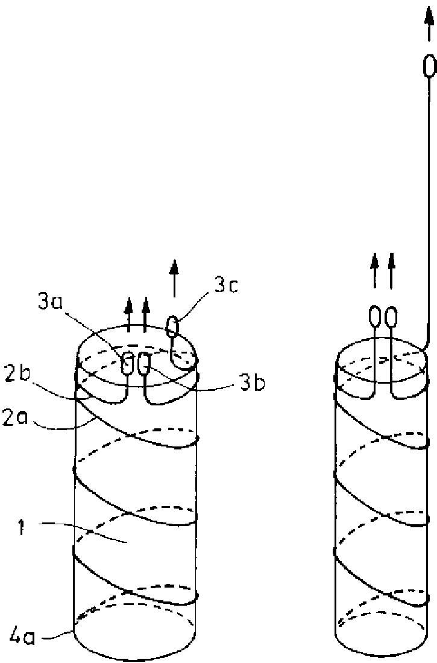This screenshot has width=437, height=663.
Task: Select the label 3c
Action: tap(226, 285)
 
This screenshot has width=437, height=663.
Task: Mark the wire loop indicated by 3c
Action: tap(173, 327)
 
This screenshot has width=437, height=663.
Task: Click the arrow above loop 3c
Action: tap(174, 278)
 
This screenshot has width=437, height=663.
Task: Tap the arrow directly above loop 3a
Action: tap(128, 314)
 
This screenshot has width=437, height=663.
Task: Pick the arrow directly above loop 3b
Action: tap(145, 314)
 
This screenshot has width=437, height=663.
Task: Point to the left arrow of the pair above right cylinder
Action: tap(374, 270)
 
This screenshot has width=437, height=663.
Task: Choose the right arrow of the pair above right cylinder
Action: tap(391, 270)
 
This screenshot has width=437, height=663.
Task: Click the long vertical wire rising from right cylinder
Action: tap(429, 211)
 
